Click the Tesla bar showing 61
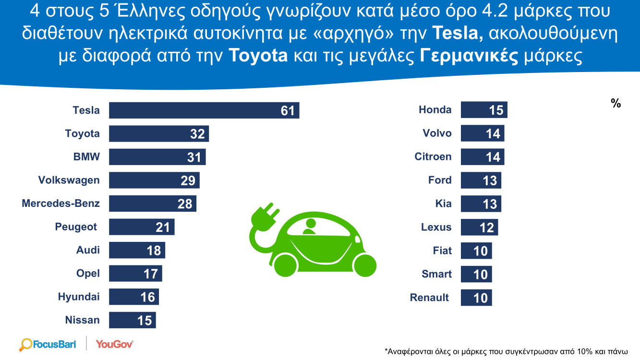204,110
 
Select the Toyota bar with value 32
159,134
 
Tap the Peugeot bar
142,227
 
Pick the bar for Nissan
133,320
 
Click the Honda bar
484,110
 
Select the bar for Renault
476,298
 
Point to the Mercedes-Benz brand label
61,204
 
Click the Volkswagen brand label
69,180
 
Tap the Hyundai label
79,297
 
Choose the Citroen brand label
433,157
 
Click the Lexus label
436,227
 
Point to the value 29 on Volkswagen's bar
188,181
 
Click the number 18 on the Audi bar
154,251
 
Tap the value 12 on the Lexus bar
487,228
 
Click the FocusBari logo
48,344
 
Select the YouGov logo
114,344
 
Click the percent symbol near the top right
616,104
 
